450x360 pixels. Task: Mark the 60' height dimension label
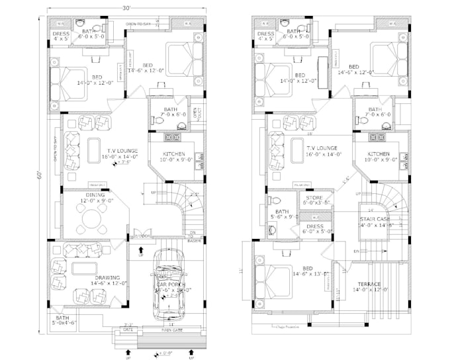[40, 175]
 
